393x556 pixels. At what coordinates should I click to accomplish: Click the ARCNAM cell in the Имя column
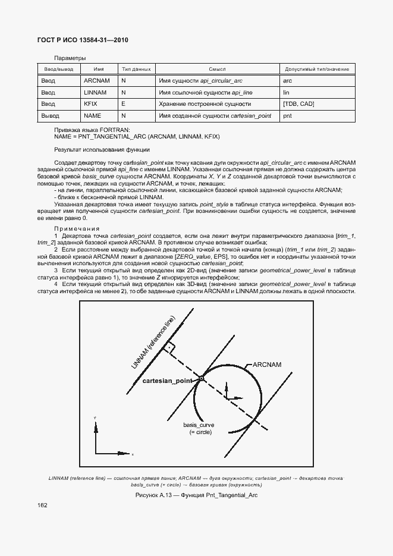point(97,80)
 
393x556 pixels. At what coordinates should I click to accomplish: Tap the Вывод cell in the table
point(50,115)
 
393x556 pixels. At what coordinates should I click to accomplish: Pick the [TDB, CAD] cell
point(298,104)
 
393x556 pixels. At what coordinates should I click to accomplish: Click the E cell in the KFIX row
point(123,104)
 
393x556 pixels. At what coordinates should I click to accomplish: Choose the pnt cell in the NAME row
point(288,115)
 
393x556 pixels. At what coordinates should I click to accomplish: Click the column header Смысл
point(217,70)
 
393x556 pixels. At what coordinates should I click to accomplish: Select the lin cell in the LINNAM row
point(287,92)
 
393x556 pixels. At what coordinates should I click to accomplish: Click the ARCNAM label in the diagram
point(266,364)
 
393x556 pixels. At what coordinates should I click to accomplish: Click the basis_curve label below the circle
point(198,425)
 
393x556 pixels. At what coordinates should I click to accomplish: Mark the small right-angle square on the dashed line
point(170,346)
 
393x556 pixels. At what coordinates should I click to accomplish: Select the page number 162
point(42,505)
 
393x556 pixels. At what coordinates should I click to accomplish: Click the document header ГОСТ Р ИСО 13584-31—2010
point(83,40)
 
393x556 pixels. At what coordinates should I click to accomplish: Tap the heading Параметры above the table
point(70,58)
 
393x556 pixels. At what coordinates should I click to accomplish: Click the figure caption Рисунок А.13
point(196,495)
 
